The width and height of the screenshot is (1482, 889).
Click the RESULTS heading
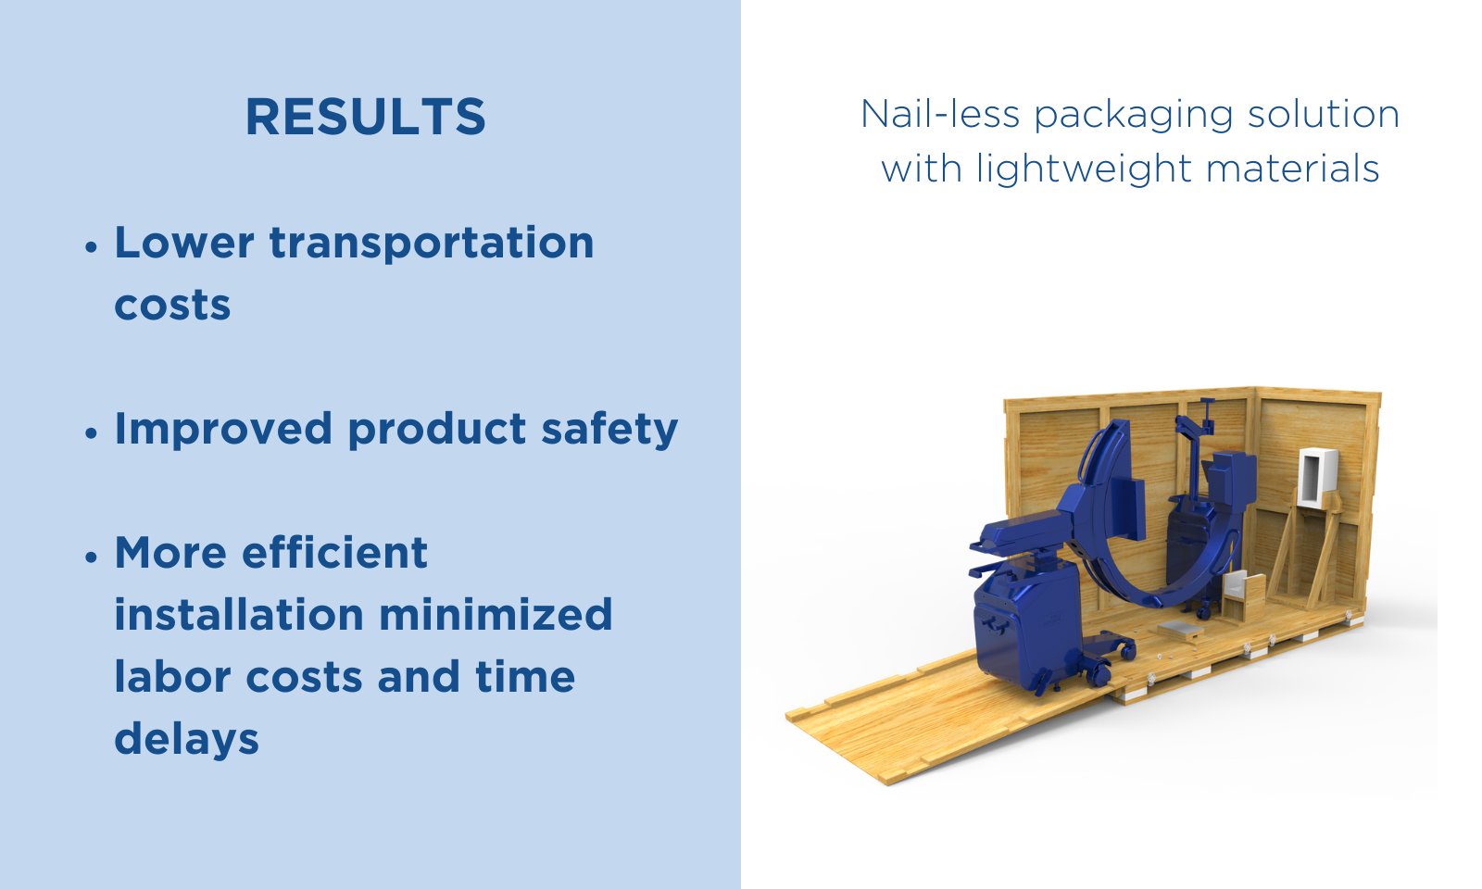coord(365,117)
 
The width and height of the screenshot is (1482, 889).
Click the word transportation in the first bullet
coord(432,244)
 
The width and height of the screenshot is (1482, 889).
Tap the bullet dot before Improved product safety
coord(92,432)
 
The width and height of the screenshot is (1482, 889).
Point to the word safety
coord(610,430)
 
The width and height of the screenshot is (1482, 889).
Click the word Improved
coord(223,430)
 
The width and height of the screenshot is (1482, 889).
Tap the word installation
coord(239,615)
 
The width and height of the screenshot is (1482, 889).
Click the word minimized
coord(496,615)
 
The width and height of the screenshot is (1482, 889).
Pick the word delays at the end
coord(186,740)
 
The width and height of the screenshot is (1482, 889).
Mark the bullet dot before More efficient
coord(92,557)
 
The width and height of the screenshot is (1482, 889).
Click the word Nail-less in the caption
coord(940,114)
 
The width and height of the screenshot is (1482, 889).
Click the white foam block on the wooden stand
coord(1317,478)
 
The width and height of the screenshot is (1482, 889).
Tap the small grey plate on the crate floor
coord(1180,628)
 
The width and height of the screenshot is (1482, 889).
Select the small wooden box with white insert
coord(1242,596)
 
